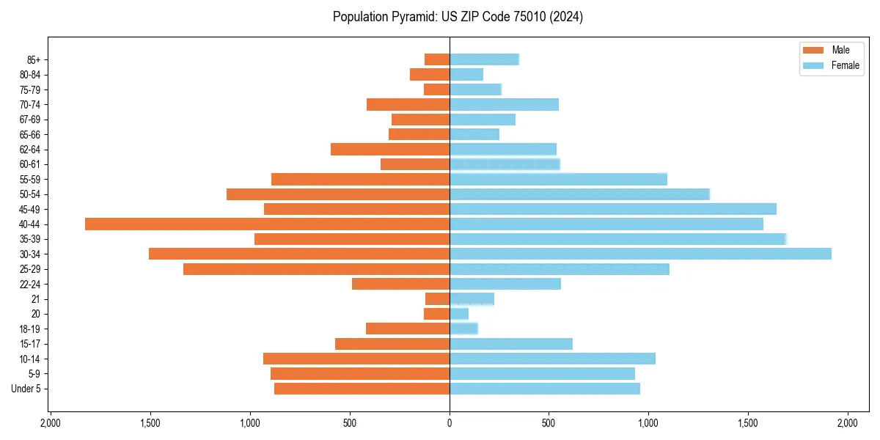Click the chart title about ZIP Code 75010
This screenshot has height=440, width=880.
coord(458,17)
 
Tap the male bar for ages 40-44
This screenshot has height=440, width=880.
coord(267,224)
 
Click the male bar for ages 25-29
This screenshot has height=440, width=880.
coord(316,269)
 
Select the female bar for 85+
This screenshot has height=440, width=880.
coord(484,59)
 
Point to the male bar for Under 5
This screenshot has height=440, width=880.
coord(362,389)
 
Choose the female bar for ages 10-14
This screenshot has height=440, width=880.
coord(552,359)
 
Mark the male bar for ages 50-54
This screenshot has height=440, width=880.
coord(338,194)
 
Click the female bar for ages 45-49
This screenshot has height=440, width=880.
coord(612,209)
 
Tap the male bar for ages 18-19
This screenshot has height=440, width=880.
coord(408,329)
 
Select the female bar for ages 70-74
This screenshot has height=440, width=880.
coord(504,104)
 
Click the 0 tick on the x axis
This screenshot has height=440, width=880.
coord(450,423)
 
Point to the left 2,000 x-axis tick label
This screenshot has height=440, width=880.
coord(50,423)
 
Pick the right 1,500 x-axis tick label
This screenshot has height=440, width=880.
coord(748,423)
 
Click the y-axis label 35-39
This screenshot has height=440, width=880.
coord(29,239)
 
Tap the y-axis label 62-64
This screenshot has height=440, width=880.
coord(29,150)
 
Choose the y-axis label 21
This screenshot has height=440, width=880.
coord(36,299)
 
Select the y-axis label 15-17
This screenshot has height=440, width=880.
coord(29,344)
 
